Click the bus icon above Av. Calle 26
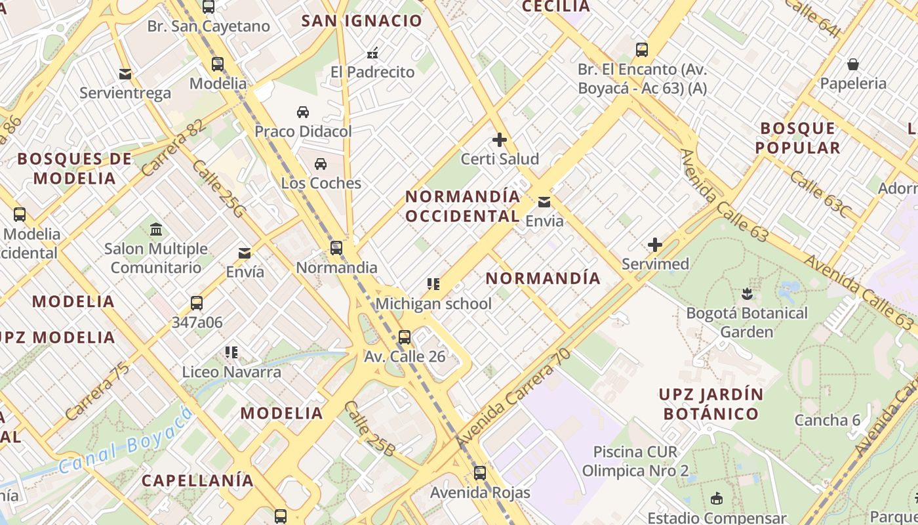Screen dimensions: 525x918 [405, 337]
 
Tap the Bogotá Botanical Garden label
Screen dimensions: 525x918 [747, 322]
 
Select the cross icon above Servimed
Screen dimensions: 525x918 [654, 245]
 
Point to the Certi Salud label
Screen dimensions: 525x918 [500, 159]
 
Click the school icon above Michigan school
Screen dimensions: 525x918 [433, 284]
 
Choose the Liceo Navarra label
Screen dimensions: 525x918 [231, 372]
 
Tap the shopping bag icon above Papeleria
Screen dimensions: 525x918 [853, 64]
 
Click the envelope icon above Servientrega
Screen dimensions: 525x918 [125, 74]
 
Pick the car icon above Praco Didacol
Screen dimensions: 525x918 [303, 112]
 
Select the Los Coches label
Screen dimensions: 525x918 [321, 183]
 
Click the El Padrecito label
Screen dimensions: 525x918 [372, 72]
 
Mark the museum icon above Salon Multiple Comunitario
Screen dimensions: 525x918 [156, 230]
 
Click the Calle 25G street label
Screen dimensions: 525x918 [218, 190]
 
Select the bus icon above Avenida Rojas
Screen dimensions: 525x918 [480, 473]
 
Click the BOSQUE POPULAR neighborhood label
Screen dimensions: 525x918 [797, 138]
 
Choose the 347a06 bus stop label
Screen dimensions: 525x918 [197, 322]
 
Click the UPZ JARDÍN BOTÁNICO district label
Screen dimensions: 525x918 [711, 404]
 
